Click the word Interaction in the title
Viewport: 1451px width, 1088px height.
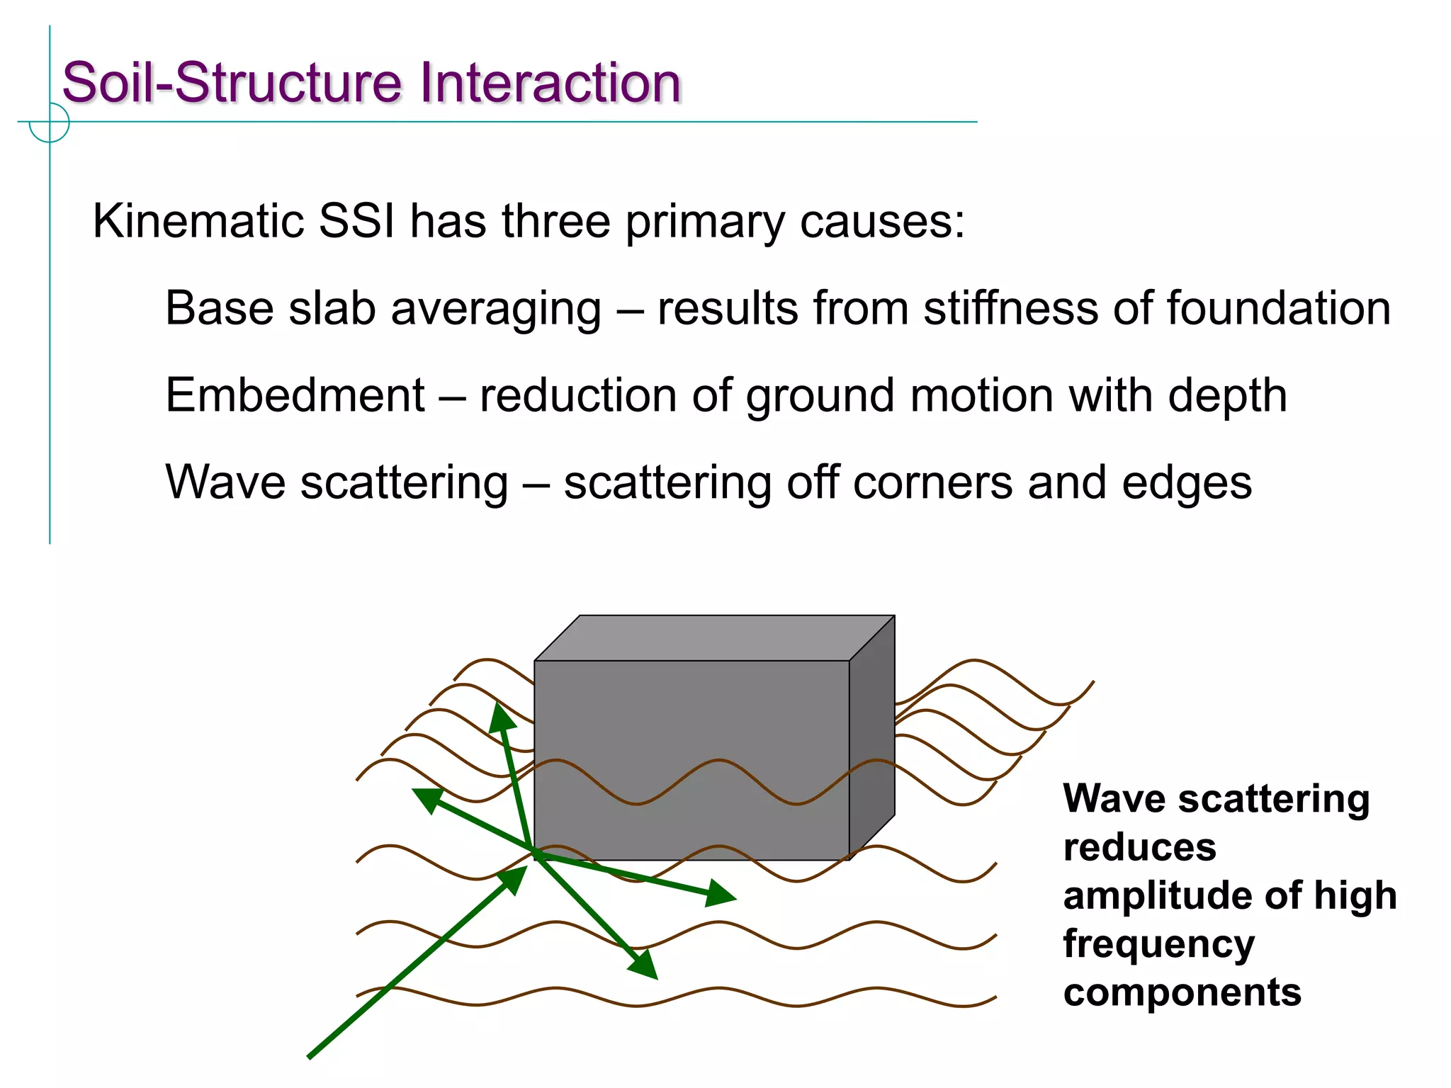[550, 83]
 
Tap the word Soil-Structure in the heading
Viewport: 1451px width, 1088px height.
[234, 83]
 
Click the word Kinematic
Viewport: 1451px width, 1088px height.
[198, 221]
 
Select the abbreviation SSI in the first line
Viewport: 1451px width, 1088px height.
[356, 221]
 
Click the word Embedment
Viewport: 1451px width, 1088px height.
[295, 395]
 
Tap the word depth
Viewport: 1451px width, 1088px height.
[1227, 397]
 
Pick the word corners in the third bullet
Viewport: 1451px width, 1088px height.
[932, 483]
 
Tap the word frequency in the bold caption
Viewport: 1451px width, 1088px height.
[1158, 945]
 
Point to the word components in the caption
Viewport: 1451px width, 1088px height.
[1182, 992]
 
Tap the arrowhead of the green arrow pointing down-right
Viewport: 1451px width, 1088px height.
[645, 965]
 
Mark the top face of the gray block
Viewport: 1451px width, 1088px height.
[714, 637]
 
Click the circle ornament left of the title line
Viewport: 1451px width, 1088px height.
[50, 122]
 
